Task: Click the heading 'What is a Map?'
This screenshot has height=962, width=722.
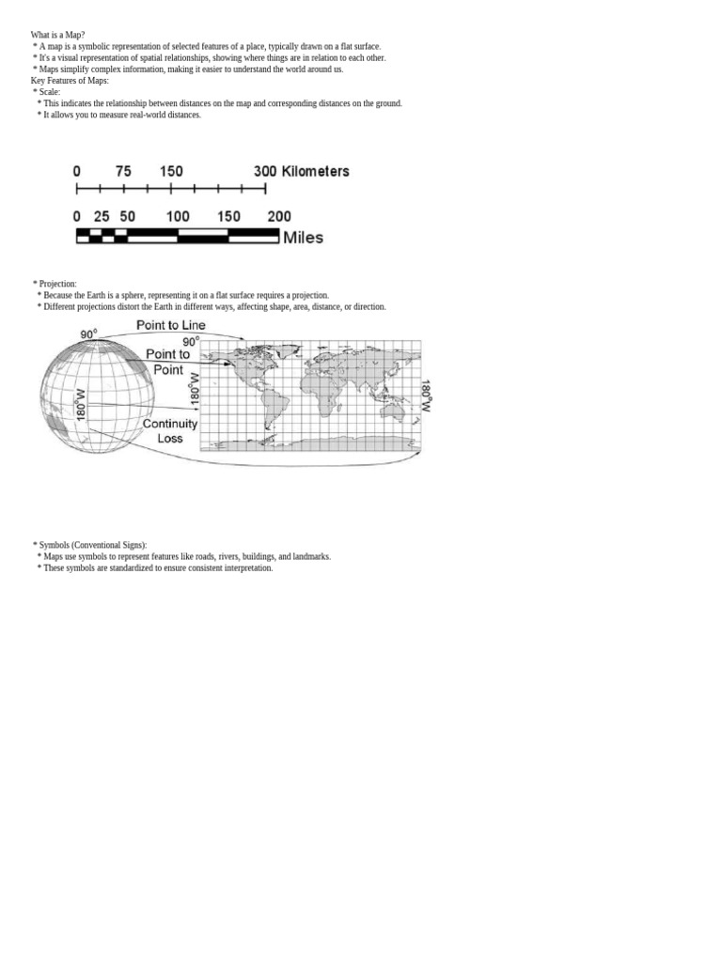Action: (x=57, y=35)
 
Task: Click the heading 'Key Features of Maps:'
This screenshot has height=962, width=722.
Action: (x=70, y=81)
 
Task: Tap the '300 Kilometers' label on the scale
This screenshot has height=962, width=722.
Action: (x=301, y=171)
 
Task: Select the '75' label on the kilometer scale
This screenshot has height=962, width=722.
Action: (x=123, y=171)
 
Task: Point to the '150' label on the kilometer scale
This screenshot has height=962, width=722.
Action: (x=171, y=171)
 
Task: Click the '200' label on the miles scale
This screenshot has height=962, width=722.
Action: (x=279, y=216)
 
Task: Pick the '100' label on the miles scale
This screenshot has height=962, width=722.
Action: (x=178, y=216)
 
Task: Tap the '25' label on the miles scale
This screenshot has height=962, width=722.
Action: (x=102, y=216)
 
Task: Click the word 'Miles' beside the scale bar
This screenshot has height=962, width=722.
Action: (x=303, y=238)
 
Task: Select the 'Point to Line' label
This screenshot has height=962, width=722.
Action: (x=171, y=325)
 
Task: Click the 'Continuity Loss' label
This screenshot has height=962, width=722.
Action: (x=170, y=431)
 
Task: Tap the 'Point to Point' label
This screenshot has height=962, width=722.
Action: (x=168, y=362)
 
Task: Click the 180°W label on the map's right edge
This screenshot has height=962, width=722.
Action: (x=426, y=396)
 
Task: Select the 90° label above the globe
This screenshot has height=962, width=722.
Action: (x=87, y=334)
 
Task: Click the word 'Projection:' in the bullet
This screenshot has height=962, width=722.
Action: (x=57, y=284)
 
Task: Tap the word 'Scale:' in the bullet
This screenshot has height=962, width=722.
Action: (x=49, y=92)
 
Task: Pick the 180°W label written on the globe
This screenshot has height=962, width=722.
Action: (x=81, y=404)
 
